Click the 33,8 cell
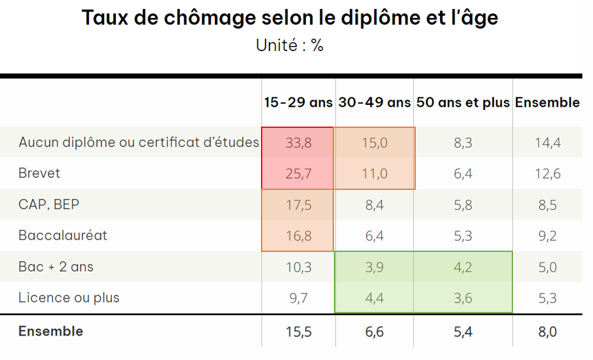pyautogui.click(x=298, y=143)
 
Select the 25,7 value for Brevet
pyautogui.click(x=298, y=173)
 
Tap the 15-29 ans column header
pyautogui.click(x=298, y=102)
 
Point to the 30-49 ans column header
pyautogui.click(x=374, y=102)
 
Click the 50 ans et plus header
pyautogui.click(x=463, y=102)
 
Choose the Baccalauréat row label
pyautogui.click(x=63, y=235)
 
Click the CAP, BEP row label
pyautogui.click(x=49, y=205)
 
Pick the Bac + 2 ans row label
pyautogui.click(x=56, y=267)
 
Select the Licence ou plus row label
pyautogui.click(x=68, y=297)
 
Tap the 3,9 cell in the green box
pyautogui.click(x=374, y=267)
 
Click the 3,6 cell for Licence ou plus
pyautogui.click(x=463, y=297)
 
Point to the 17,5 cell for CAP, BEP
pyautogui.click(x=298, y=205)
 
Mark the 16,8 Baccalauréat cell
pyautogui.click(x=298, y=235)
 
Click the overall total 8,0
pyautogui.click(x=548, y=331)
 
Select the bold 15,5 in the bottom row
pyautogui.click(x=298, y=331)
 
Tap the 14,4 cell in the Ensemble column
pyautogui.click(x=548, y=143)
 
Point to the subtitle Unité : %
pyautogui.click(x=289, y=46)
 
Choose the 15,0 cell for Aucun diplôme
pyautogui.click(x=374, y=143)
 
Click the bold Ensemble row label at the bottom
pyautogui.click(x=51, y=331)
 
